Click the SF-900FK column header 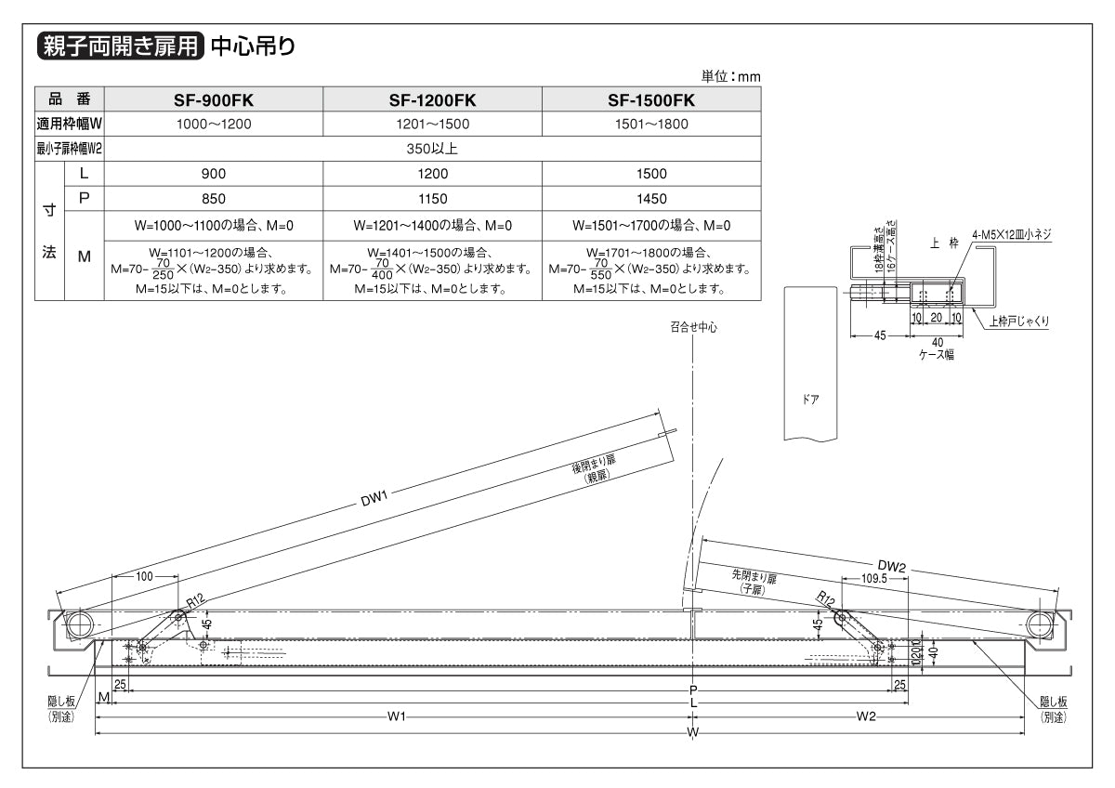click(213, 99)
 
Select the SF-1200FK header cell click(432, 99)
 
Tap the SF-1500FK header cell click(651, 99)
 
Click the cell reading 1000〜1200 click(213, 123)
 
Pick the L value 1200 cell click(432, 174)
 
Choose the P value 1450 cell click(651, 199)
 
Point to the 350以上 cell click(432, 148)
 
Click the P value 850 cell click(213, 199)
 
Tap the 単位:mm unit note click(731, 76)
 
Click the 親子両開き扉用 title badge click(119, 46)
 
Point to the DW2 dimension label click(891, 565)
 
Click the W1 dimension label click(397, 716)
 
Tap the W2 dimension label click(866, 716)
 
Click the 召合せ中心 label click(693, 327)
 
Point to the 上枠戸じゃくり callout click(1019, 322)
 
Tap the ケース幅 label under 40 click(937, 354)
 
